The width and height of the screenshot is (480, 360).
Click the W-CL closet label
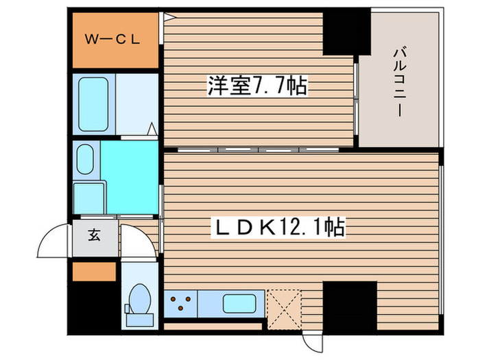113,39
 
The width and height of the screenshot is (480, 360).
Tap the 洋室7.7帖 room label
257,87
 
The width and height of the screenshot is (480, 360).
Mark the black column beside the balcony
347,31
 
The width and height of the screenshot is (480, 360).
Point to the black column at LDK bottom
350,305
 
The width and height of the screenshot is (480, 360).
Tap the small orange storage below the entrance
93,271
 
